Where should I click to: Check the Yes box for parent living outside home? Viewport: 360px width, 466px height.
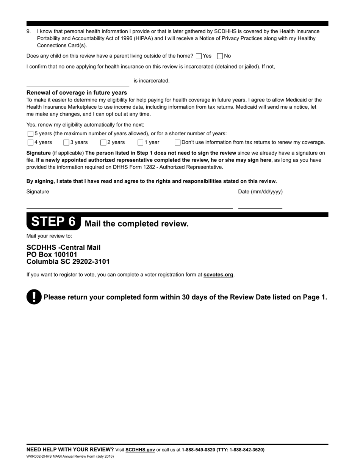coord(199,56)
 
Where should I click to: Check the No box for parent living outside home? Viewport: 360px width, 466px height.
coord(220,56)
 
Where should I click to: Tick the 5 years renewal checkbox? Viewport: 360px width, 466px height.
coord(30,134)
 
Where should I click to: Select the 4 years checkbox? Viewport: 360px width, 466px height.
coord(30,142)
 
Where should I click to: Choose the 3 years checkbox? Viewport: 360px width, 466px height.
coord(66,142)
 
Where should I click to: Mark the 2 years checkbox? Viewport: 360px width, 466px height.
coord(103,142)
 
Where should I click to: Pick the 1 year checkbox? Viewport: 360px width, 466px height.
coord(140,142)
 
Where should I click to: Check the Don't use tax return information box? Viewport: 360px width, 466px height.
coord(177,142)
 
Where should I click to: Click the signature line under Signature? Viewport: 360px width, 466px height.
coord(129,205)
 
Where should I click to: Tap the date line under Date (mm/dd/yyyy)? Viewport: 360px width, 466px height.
coord(260,205)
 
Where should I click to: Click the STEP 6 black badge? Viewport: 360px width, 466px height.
coord(53,222)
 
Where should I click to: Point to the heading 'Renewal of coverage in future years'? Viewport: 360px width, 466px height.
coord(77,93)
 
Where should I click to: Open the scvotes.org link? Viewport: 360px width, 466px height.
coord(218,275)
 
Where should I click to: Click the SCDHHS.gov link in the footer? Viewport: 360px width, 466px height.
coord(140,450)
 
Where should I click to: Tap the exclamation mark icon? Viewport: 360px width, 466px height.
coord(34,297)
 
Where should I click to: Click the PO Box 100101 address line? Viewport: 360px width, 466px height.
coord(52,255)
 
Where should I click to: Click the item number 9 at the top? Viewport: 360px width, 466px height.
coord(28,31)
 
